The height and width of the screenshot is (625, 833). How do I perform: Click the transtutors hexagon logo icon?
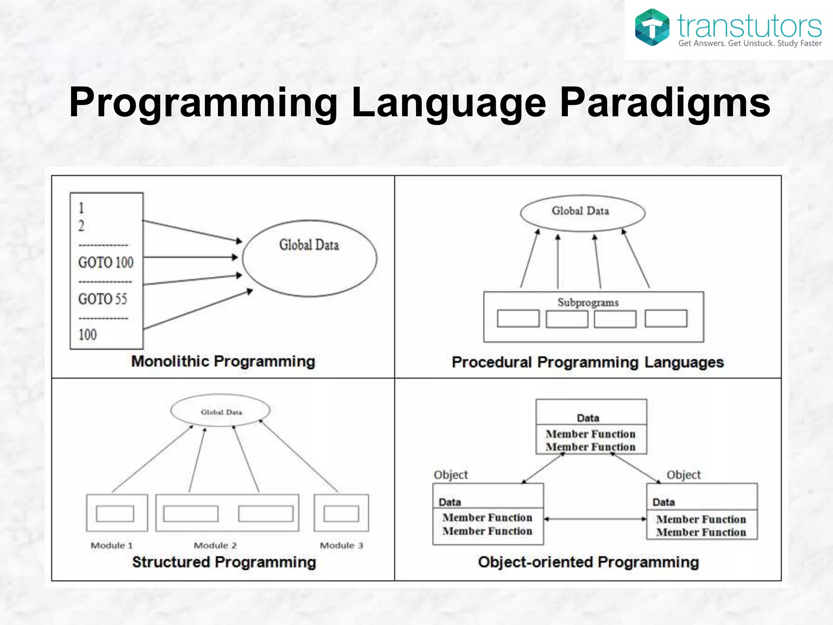(x=652, y=27)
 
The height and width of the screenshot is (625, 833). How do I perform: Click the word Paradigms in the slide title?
(x=665, y=102)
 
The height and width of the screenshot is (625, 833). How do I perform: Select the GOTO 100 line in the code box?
(x=106, y=262)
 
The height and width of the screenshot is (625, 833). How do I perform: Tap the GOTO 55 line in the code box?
(x=102, y=299)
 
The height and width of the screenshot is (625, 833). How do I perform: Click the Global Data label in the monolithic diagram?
(x=309, y=245)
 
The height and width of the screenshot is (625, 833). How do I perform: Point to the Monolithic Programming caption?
(x=223, y=361)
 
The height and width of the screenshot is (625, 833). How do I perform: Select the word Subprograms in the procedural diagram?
(x=588, y=302)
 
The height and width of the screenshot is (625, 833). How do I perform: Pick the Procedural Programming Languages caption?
(x=588, y=362)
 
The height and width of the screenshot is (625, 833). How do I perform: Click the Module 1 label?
(x=112, y=545)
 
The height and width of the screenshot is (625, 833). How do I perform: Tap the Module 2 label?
(x=215, y=545)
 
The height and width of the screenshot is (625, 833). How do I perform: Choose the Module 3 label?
(x=341, y=545)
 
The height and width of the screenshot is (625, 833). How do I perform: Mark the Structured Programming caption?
(x=224, y=562)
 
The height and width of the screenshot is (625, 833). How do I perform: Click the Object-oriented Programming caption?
(x=588, y=562)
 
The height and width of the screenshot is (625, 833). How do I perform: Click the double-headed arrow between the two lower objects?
(x=595, y=519)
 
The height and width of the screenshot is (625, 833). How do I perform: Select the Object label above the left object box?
(x=451, y=475)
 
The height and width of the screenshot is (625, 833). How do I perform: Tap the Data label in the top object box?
(x=588, y=418)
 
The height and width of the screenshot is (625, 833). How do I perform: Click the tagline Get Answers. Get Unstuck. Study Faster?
(x=750, y=43)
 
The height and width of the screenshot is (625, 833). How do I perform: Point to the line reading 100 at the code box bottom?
(x=87, y=335)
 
